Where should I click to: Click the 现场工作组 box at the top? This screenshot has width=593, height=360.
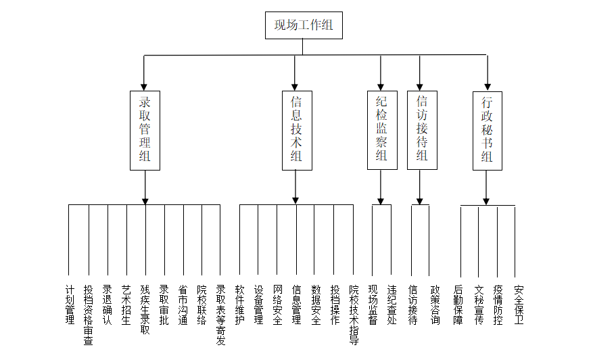pyautogui.click(x=304, y=25)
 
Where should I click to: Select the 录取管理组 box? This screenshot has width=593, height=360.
pyautogui.click(x=145, y=131)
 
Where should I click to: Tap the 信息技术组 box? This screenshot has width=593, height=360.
pyautogui.click(x=297, y=131)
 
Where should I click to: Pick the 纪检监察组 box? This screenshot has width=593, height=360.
pyautogui.click(x=382, y=130)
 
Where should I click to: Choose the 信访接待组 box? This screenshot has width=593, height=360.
pyautogui.click(x=422, y=130)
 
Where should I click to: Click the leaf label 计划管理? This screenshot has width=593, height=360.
pyautogui.click(x=70, y=305)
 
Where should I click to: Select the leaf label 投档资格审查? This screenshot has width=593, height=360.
pyautogui.click(x=89, y=315)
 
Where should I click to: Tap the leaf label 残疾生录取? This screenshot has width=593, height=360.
pyautogui.click(x=145, y=310)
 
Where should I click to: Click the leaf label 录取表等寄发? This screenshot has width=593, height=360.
pyautogui.click(x=220, y=315)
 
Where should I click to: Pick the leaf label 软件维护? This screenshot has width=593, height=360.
pyautogui.click(x=240, y=305)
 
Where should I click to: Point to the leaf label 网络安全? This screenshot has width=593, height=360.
pyautogui.click(x=278, y=305)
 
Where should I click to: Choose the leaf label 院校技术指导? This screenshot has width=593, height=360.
pyautogui.click(x=354, y=315)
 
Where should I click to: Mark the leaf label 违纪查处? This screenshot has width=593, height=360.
pyautogui.click(x=392, y=305)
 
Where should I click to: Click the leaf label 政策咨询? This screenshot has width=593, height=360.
pyautogui.click(x=435, y=305)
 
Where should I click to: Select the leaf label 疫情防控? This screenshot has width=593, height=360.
pyautogui.click(x=498, y=305)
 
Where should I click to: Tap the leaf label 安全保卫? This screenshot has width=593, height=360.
pyautogui.click(x=519, y=305)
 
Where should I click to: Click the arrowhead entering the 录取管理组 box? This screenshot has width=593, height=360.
pyautogui.click(x=144, y=87)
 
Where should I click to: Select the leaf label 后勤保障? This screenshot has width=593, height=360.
pyautogui.click(x=458, y=305)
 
